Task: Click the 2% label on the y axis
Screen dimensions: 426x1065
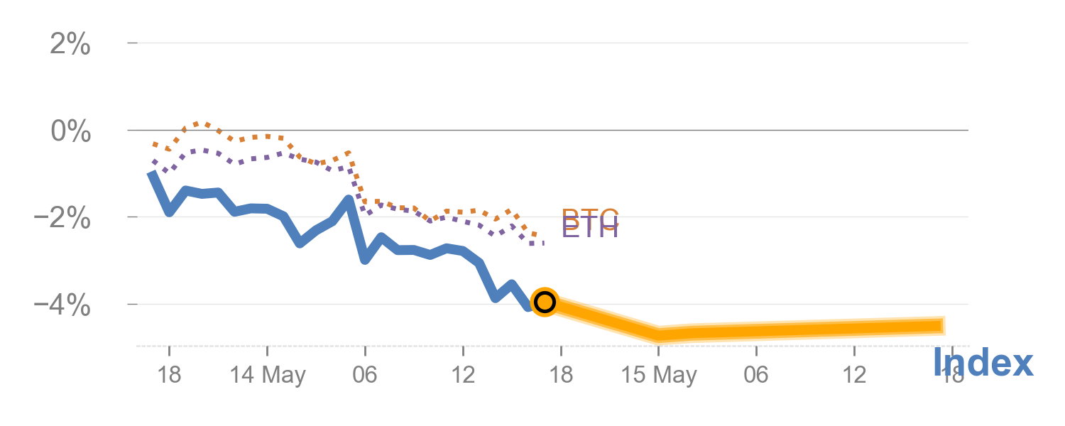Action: (70, 45)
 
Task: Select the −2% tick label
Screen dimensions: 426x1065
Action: (62, 219)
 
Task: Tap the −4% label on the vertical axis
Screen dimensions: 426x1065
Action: (62, 306)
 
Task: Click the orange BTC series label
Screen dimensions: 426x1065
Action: (590, 216)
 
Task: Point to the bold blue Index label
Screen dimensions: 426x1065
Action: (983, 364)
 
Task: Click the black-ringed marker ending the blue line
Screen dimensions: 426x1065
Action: (544, 302)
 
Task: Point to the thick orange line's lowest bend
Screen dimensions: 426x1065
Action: (659, 334)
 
